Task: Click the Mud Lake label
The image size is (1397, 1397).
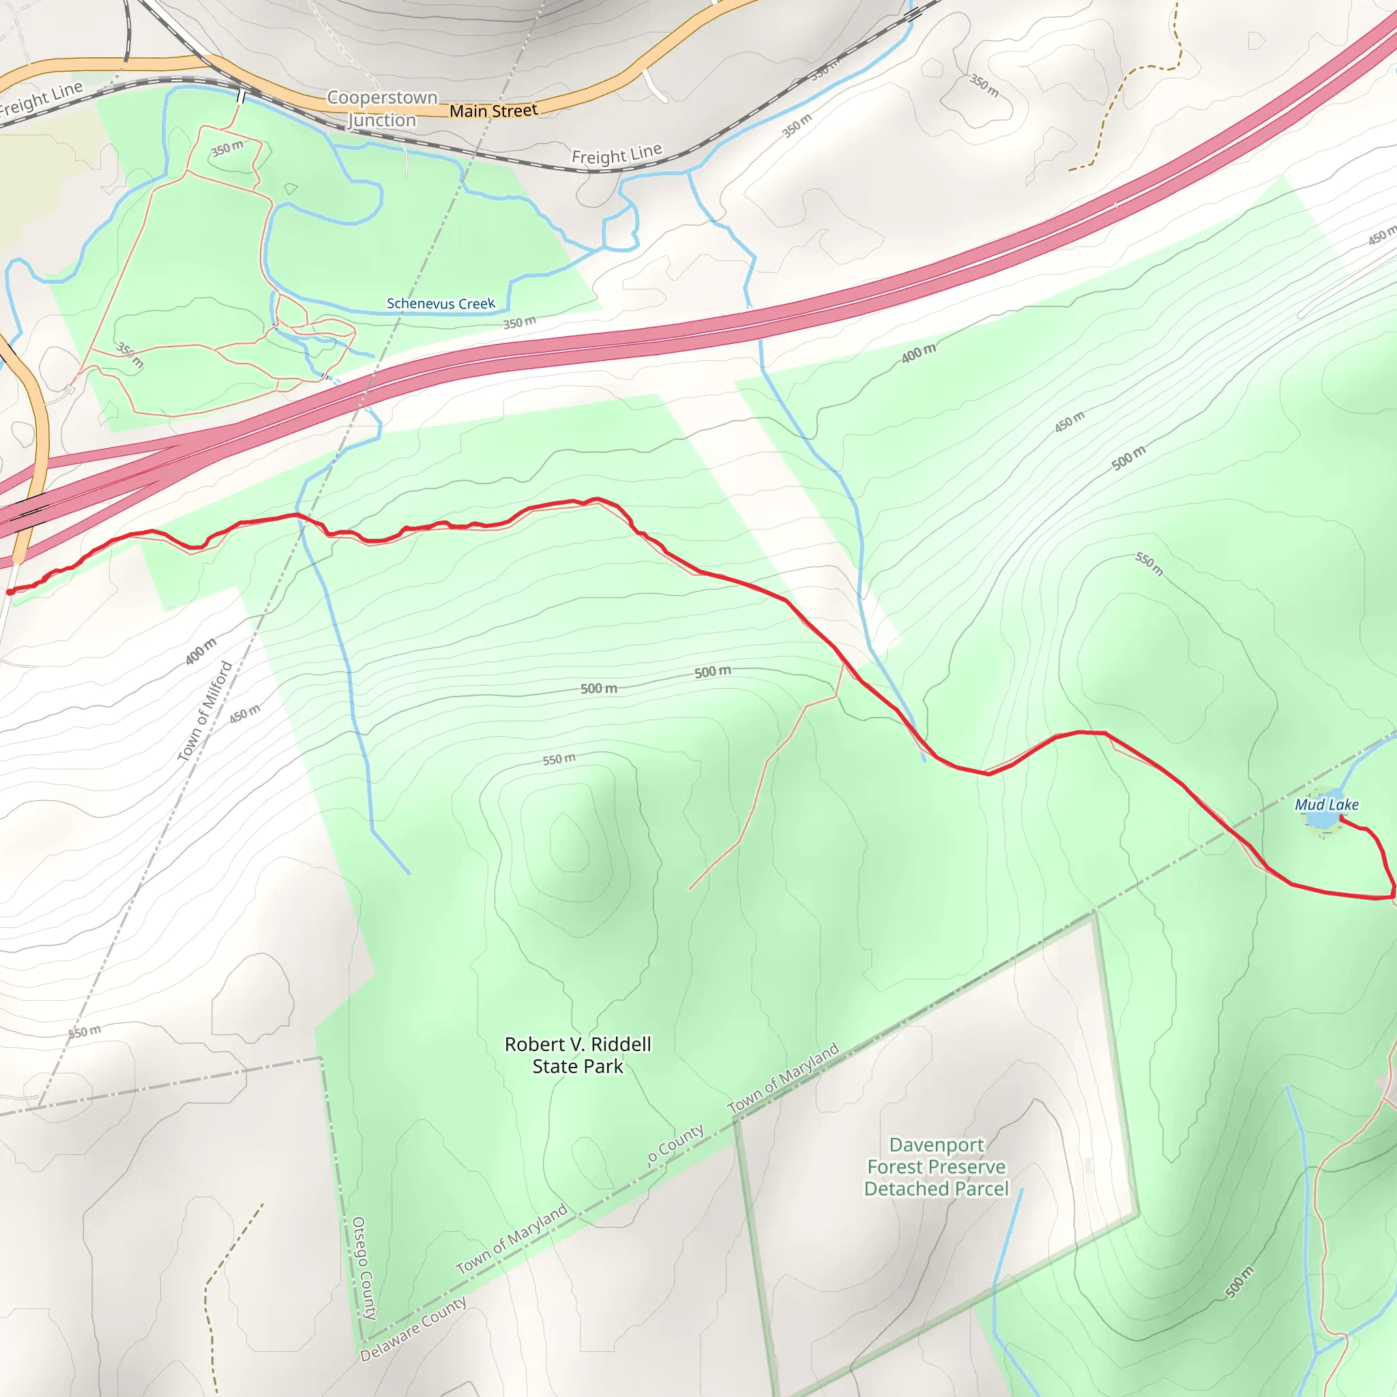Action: [1325, 805]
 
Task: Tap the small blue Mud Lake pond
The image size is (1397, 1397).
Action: [1323, 820]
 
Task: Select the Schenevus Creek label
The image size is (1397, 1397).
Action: [441, 304]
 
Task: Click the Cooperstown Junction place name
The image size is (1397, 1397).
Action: [382, 108]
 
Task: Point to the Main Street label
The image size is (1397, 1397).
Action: [493, 111]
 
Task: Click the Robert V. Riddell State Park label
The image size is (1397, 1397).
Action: [578, 1055]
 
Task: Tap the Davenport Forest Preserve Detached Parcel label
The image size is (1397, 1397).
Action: [936, 1166]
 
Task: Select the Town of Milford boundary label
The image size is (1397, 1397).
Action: [205, 711]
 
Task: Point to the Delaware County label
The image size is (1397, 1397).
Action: [413, 1329]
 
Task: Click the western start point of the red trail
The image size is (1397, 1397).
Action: [10, 592]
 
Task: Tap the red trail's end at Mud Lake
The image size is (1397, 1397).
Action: [1342, 818]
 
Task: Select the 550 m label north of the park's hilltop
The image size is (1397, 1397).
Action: [559, 759]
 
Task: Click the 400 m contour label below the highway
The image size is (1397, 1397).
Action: [918, 353]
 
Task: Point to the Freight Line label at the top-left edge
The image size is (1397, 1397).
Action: [41, 99]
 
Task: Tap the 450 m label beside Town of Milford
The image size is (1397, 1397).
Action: [244, 714]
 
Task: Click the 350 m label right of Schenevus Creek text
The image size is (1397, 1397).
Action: [519, 323]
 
